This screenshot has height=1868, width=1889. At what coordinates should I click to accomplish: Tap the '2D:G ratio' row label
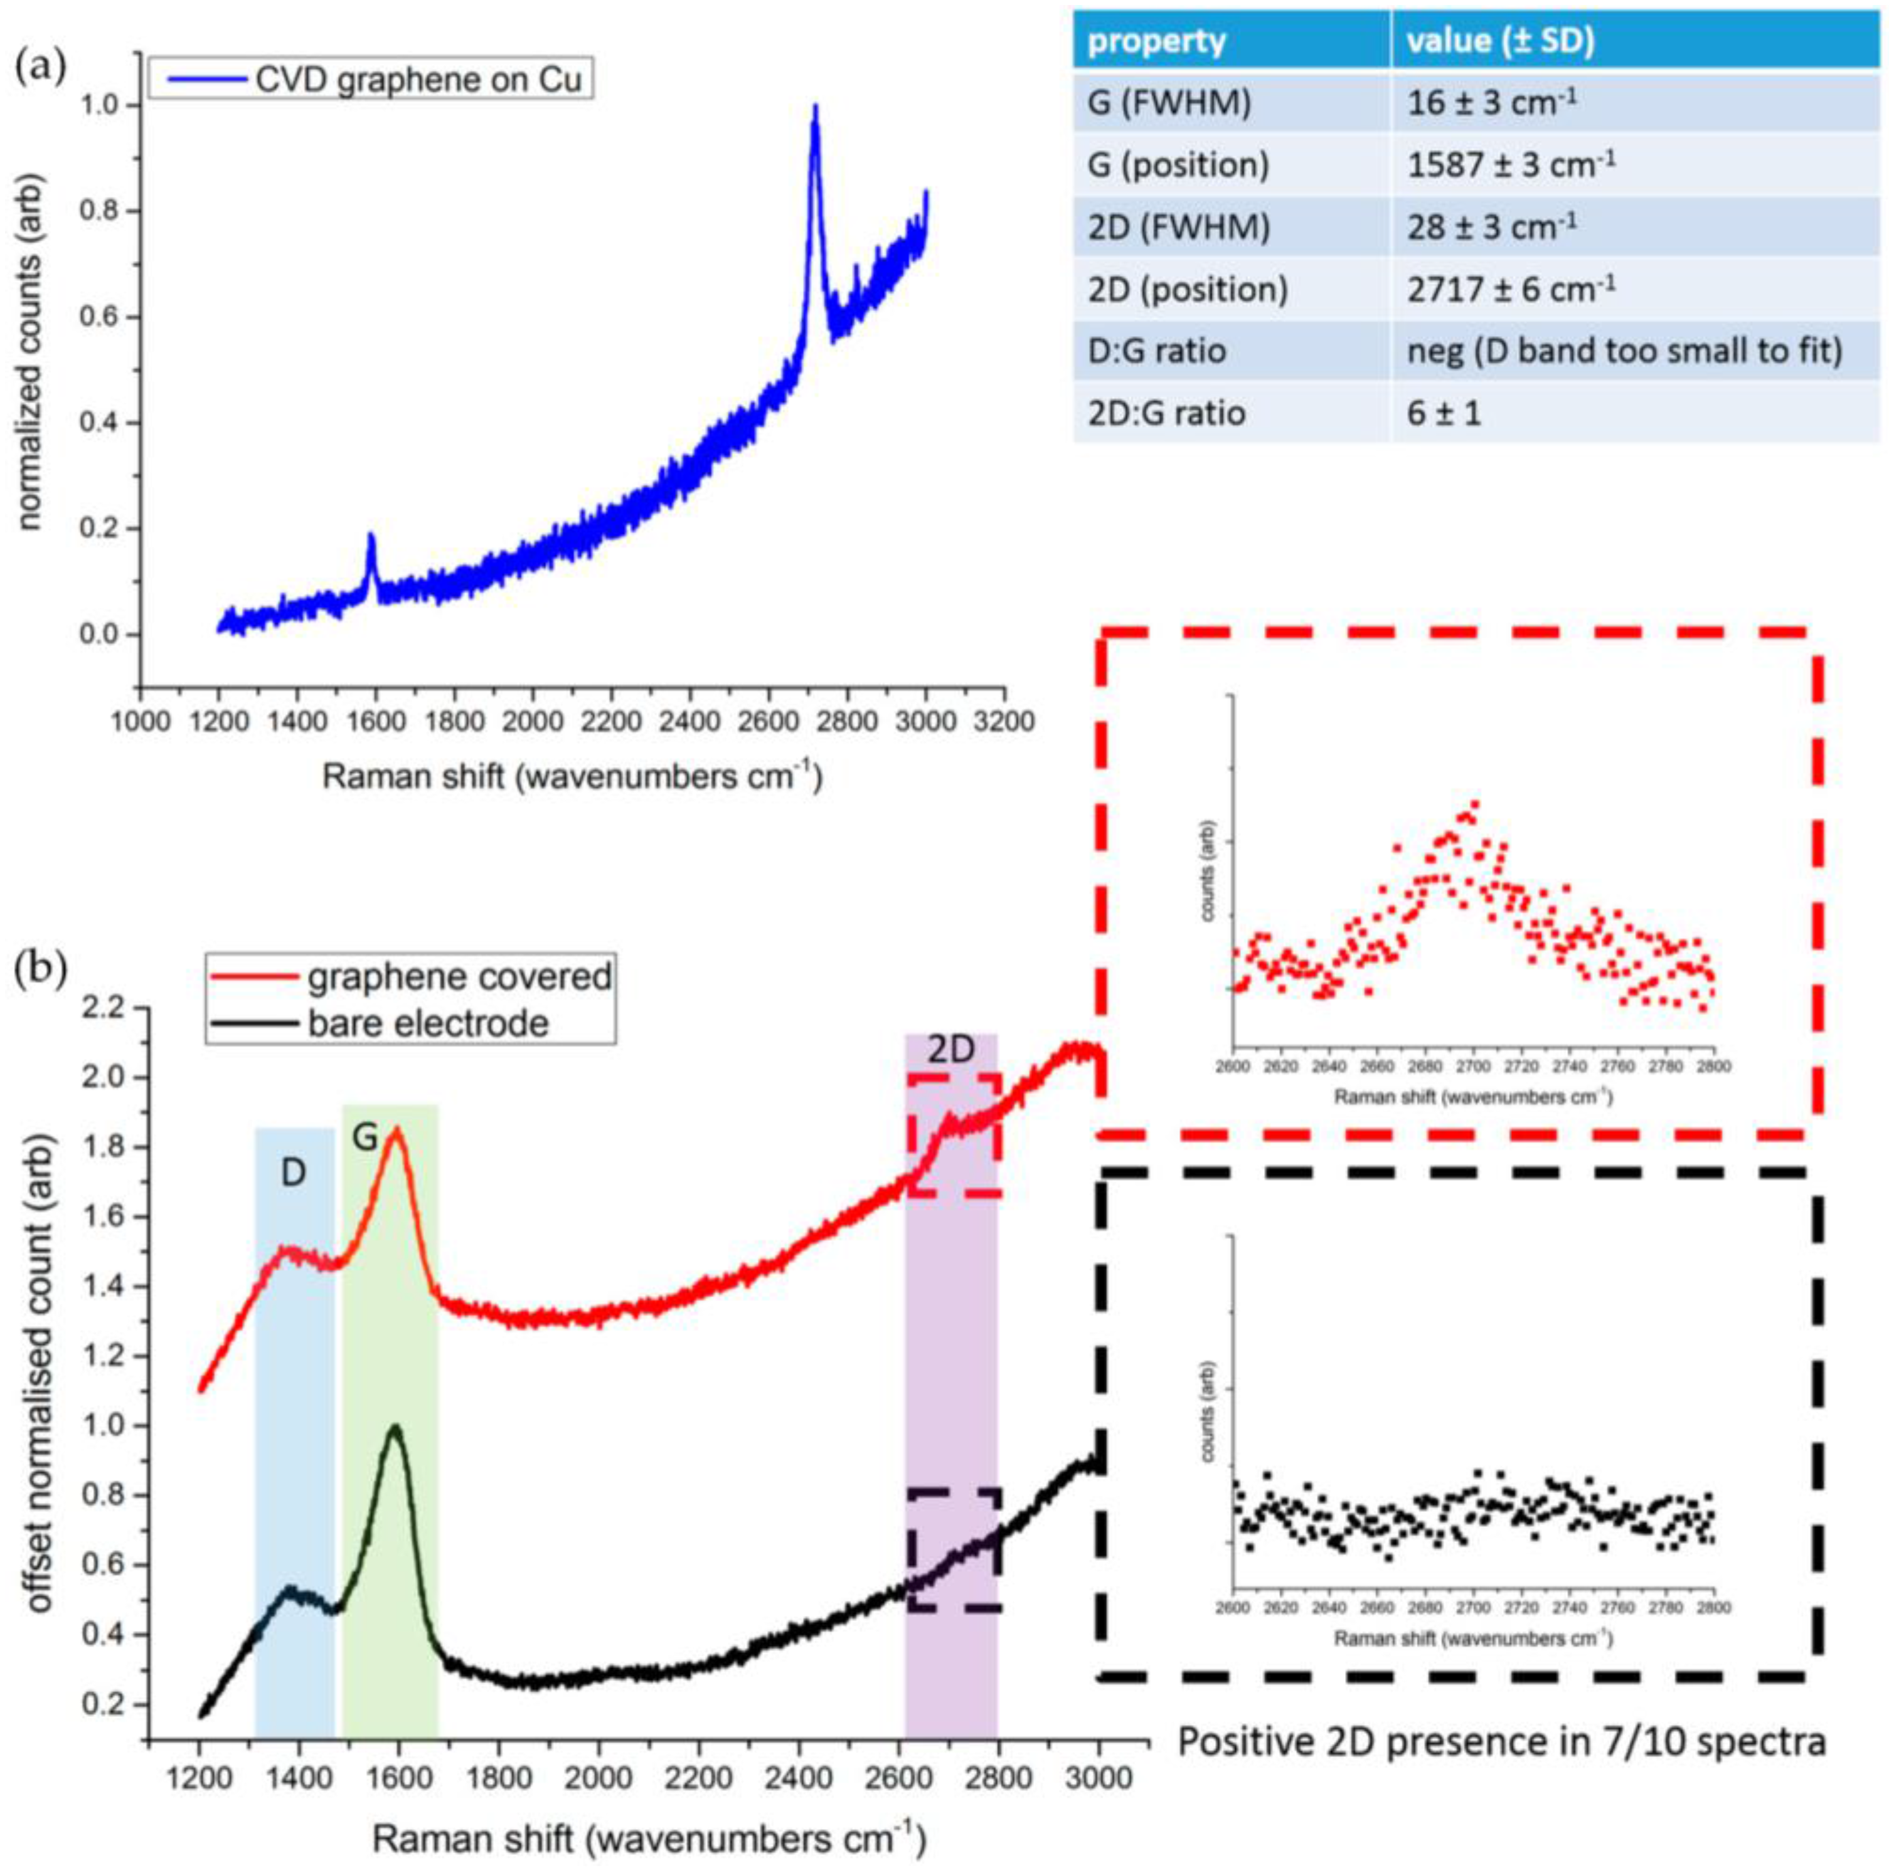(1166, 413)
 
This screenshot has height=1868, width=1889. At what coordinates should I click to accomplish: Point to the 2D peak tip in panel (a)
(814, 107)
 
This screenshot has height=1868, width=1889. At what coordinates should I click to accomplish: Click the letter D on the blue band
(294, 1174)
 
